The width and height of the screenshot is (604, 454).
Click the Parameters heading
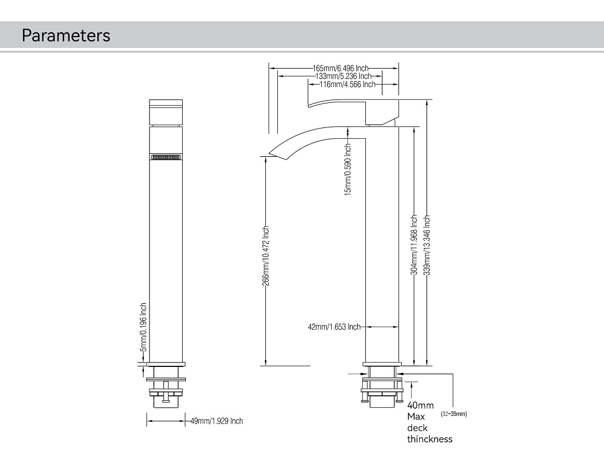pyautogui.click(x=66, y=35)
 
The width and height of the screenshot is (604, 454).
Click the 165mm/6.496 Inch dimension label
pyautogui.click(x=341, y=68)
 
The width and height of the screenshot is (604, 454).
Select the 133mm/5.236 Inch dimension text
pyautogui.click(x=343, y=76)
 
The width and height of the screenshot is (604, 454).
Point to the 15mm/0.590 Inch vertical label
pyautogui.click(x=348, y=169)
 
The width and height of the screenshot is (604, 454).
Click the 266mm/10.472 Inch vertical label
pyautogui.click(x=266, y=256)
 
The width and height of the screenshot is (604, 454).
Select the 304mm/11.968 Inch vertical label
pyautogui.click(x=414, y=244)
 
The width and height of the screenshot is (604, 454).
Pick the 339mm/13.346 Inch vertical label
pyautogui.click(x=427, y=244)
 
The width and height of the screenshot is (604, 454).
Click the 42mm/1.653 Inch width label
pyautogui.click(x=334, y=327)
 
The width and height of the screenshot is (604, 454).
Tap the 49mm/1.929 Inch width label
pyautogui.click(x=216, y=421)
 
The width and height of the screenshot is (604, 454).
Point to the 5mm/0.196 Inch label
pyautogui.click(x=144, y=327)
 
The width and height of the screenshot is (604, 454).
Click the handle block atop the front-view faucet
pyautogui.click(x=166, y=112)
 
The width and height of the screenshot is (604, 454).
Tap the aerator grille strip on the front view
pyautogui.click(x=166, y=157)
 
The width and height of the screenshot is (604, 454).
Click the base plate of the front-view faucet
pyautogui.click(x=166, y=364)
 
